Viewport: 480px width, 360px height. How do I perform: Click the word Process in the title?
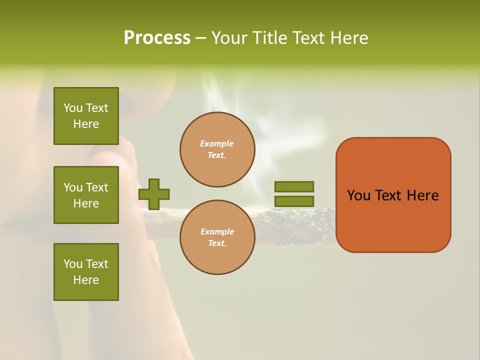pyautogui.click(x=157, y=38)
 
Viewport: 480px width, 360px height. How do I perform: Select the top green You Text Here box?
pyautogui.click(x=86, y=116)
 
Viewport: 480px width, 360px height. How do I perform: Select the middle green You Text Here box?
pyautogui.click(x=86, y=195)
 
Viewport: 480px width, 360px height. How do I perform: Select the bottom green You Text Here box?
pyautogui.click(x=86, y=272)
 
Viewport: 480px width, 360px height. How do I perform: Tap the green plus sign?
pyautogui.click(x=154, y=194)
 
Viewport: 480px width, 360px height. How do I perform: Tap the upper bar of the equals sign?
pyautogui.click(x=294, y=186)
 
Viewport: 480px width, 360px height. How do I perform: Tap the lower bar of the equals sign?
pyautogui.click(x=294, y=201)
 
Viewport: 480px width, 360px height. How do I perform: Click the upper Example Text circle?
pyautogui.click(x=217, y=149)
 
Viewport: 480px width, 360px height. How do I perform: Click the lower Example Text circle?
pyautogui.click(x=217, y=237)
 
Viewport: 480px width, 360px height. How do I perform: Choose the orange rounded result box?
pyautogui.click(x=393, y=195)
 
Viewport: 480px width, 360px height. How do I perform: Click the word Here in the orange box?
pyautogui.click(x=422, y=195)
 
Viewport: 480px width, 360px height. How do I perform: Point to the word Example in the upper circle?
pyautogui.click(x=216, y=143)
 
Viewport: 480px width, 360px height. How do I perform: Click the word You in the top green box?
pyautogui.click(x=73, y=108)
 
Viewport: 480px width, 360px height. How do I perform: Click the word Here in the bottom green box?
pyautogui.click(x=86, y=280)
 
